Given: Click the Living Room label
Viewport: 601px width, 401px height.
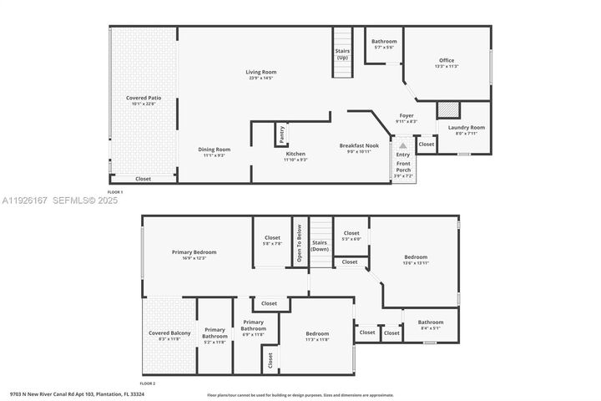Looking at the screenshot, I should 260,72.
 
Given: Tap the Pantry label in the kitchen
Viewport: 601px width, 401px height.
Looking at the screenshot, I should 282,134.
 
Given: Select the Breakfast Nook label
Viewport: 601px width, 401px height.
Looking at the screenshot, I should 359,145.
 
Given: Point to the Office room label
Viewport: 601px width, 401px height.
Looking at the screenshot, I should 447,60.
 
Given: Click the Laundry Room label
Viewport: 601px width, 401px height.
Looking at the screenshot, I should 466,128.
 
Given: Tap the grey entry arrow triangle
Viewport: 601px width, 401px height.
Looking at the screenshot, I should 403,145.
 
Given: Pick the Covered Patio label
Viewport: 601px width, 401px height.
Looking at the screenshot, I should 144,98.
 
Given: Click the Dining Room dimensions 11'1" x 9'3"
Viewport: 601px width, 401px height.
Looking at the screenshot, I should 215,155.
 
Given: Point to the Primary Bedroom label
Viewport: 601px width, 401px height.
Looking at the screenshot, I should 194,252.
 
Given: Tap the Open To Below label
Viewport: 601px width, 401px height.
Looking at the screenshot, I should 299,241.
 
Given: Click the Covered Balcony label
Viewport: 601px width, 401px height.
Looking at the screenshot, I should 169,333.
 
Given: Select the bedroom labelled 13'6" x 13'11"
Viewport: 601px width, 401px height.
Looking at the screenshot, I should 416,257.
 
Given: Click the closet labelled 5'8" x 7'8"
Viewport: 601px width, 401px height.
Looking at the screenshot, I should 272,238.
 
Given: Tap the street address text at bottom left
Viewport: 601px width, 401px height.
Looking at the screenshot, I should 77,393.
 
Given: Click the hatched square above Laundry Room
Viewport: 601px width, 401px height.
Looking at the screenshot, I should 448,109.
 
